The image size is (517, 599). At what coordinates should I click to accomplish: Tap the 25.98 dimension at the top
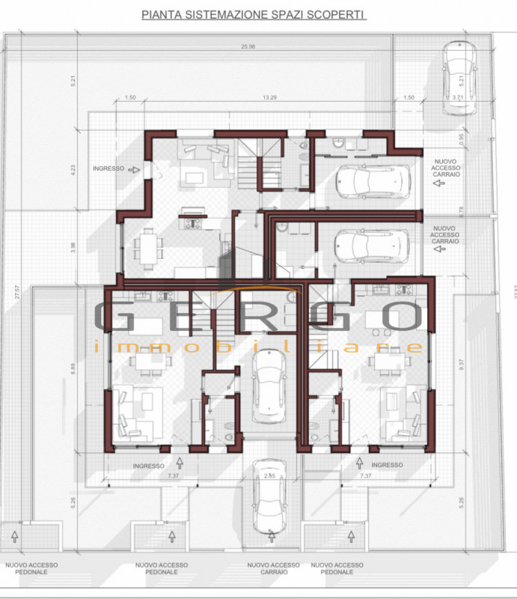[250, 47]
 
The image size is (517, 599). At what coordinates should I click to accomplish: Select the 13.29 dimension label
[272, 97]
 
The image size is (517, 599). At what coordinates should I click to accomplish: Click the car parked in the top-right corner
[458, 77]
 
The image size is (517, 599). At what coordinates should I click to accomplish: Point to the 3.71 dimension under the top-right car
[458, 97]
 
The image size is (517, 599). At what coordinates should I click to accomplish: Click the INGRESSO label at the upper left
[108, 168]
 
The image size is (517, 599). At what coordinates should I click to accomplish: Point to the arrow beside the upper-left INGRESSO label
[134, 169]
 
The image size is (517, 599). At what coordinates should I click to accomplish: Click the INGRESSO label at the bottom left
[148, 466]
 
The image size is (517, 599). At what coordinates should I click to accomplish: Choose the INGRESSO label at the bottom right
[387, 465]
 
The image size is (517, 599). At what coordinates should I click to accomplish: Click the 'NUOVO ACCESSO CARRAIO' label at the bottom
[273, 568]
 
